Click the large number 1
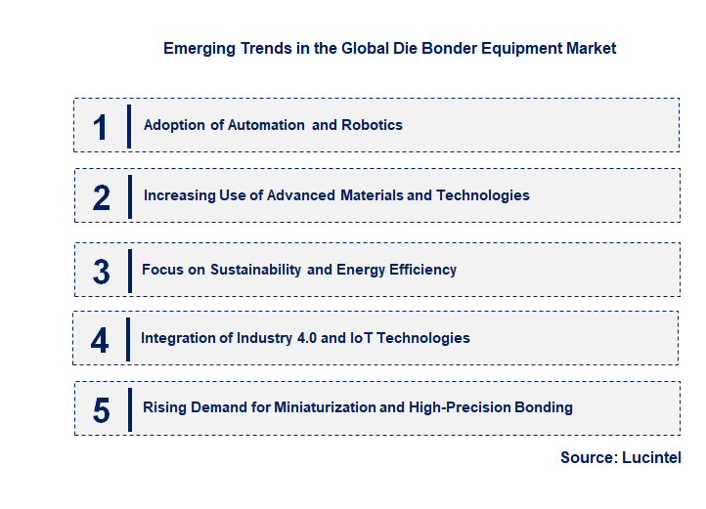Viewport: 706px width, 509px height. click(100, 127)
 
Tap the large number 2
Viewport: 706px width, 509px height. click(102, 197)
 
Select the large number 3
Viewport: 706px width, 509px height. click(102, 272)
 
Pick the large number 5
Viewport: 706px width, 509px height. click(102, 410)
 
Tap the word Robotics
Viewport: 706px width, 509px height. click(372, 125)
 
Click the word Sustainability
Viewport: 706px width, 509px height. click(255, 270)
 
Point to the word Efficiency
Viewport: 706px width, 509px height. click(422, 270)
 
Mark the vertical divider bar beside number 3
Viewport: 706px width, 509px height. click(129, 271)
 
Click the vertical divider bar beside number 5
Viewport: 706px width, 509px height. click(129, 409)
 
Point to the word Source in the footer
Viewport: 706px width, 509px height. click(588, 457)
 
